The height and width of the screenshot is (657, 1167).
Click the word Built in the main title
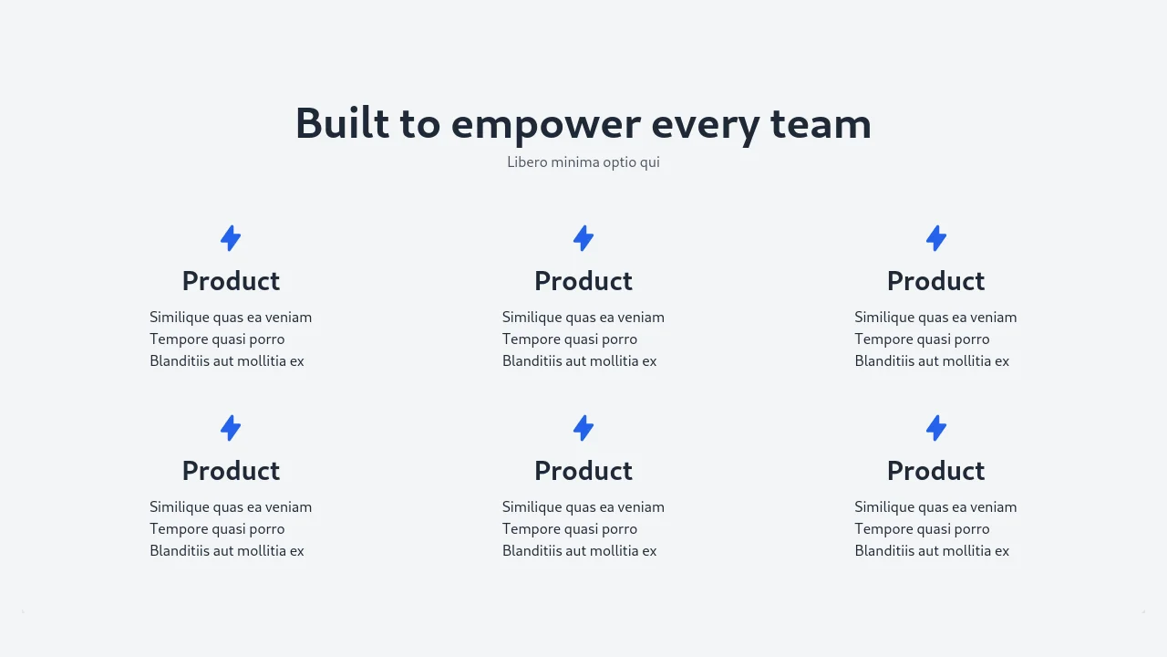pos(342,122)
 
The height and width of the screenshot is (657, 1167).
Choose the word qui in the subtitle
pos(650,163)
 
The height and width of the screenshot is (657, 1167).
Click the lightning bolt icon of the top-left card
pos(231,238)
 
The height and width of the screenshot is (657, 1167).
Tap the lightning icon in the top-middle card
pos(583,238)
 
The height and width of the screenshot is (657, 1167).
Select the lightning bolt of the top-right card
pos(936,238)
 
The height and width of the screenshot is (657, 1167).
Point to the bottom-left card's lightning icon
pos(231,428)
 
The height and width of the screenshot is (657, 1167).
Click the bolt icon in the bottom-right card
pos(936,428)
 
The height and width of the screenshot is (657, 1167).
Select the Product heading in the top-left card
pos(231,280)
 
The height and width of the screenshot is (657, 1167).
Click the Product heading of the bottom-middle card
pos(583,470)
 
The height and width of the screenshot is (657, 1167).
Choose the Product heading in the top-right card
pos(936,280)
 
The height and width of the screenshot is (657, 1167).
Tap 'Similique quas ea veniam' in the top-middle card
pos(583,318)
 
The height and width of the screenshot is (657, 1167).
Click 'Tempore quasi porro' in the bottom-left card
pos(217,529)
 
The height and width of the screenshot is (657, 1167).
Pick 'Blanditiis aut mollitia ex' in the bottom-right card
pos(932,550)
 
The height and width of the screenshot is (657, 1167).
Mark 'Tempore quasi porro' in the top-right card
pos(922,339)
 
